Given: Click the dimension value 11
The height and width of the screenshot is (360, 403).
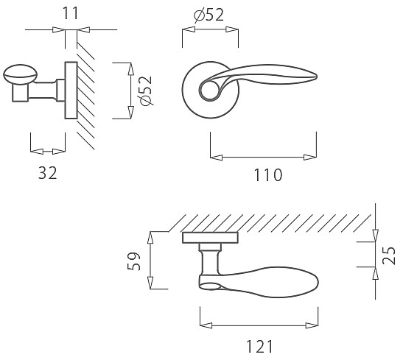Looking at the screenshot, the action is coord(70,13).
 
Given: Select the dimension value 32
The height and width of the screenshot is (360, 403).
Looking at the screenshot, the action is coord(48,173).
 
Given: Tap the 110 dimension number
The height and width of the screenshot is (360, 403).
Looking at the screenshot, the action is coord(268,175).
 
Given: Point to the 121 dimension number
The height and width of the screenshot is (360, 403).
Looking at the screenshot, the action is coord(259,347).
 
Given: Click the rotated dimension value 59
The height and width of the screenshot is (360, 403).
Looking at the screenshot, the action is coord(134,261).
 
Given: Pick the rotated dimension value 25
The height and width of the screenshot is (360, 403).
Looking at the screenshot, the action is coord(388,255).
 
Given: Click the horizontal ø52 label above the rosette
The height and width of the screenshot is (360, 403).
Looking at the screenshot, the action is coord(208,15).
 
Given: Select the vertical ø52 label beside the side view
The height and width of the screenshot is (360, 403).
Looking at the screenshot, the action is coord(144,91).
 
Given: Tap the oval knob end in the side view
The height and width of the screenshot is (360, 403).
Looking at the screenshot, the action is coord(21,74).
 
